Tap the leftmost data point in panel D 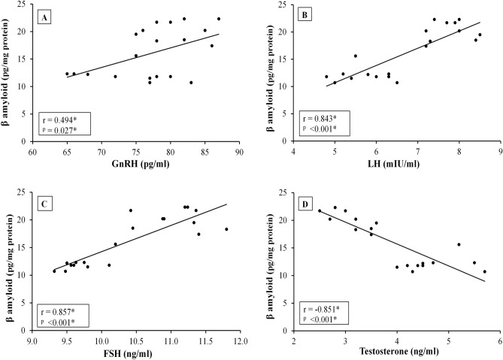(320, 210)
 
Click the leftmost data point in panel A (67, 74)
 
